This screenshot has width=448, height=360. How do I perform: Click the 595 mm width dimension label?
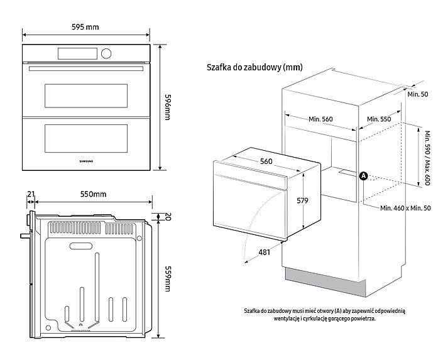pyautogui.click(x=85, y=27)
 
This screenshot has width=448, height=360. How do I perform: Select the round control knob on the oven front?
pyautogui.click(x=106, y=53)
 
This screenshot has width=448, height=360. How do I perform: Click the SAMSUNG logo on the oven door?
pyautogui.click(x=86, y=161)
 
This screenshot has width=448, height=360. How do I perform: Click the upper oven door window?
pyautogui.click(x=86, y=95)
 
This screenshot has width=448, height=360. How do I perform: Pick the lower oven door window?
pyautogui.click(x=86, y=136)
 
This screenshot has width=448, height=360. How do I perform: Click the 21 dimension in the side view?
pyautogui.click(x=30, y=194)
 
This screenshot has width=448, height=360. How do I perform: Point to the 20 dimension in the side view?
pyautogui.click(x=168, y=217)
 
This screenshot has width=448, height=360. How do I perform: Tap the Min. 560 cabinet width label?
pyautogui.click(x=320, y=119)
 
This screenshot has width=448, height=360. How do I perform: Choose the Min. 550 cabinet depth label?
pyautogui.click(x=380, y=119)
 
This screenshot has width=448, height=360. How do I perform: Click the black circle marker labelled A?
pyautogui.click(x=363, y=177)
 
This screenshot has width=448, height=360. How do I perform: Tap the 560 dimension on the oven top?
pyautogui.click(x=266, y=161)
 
